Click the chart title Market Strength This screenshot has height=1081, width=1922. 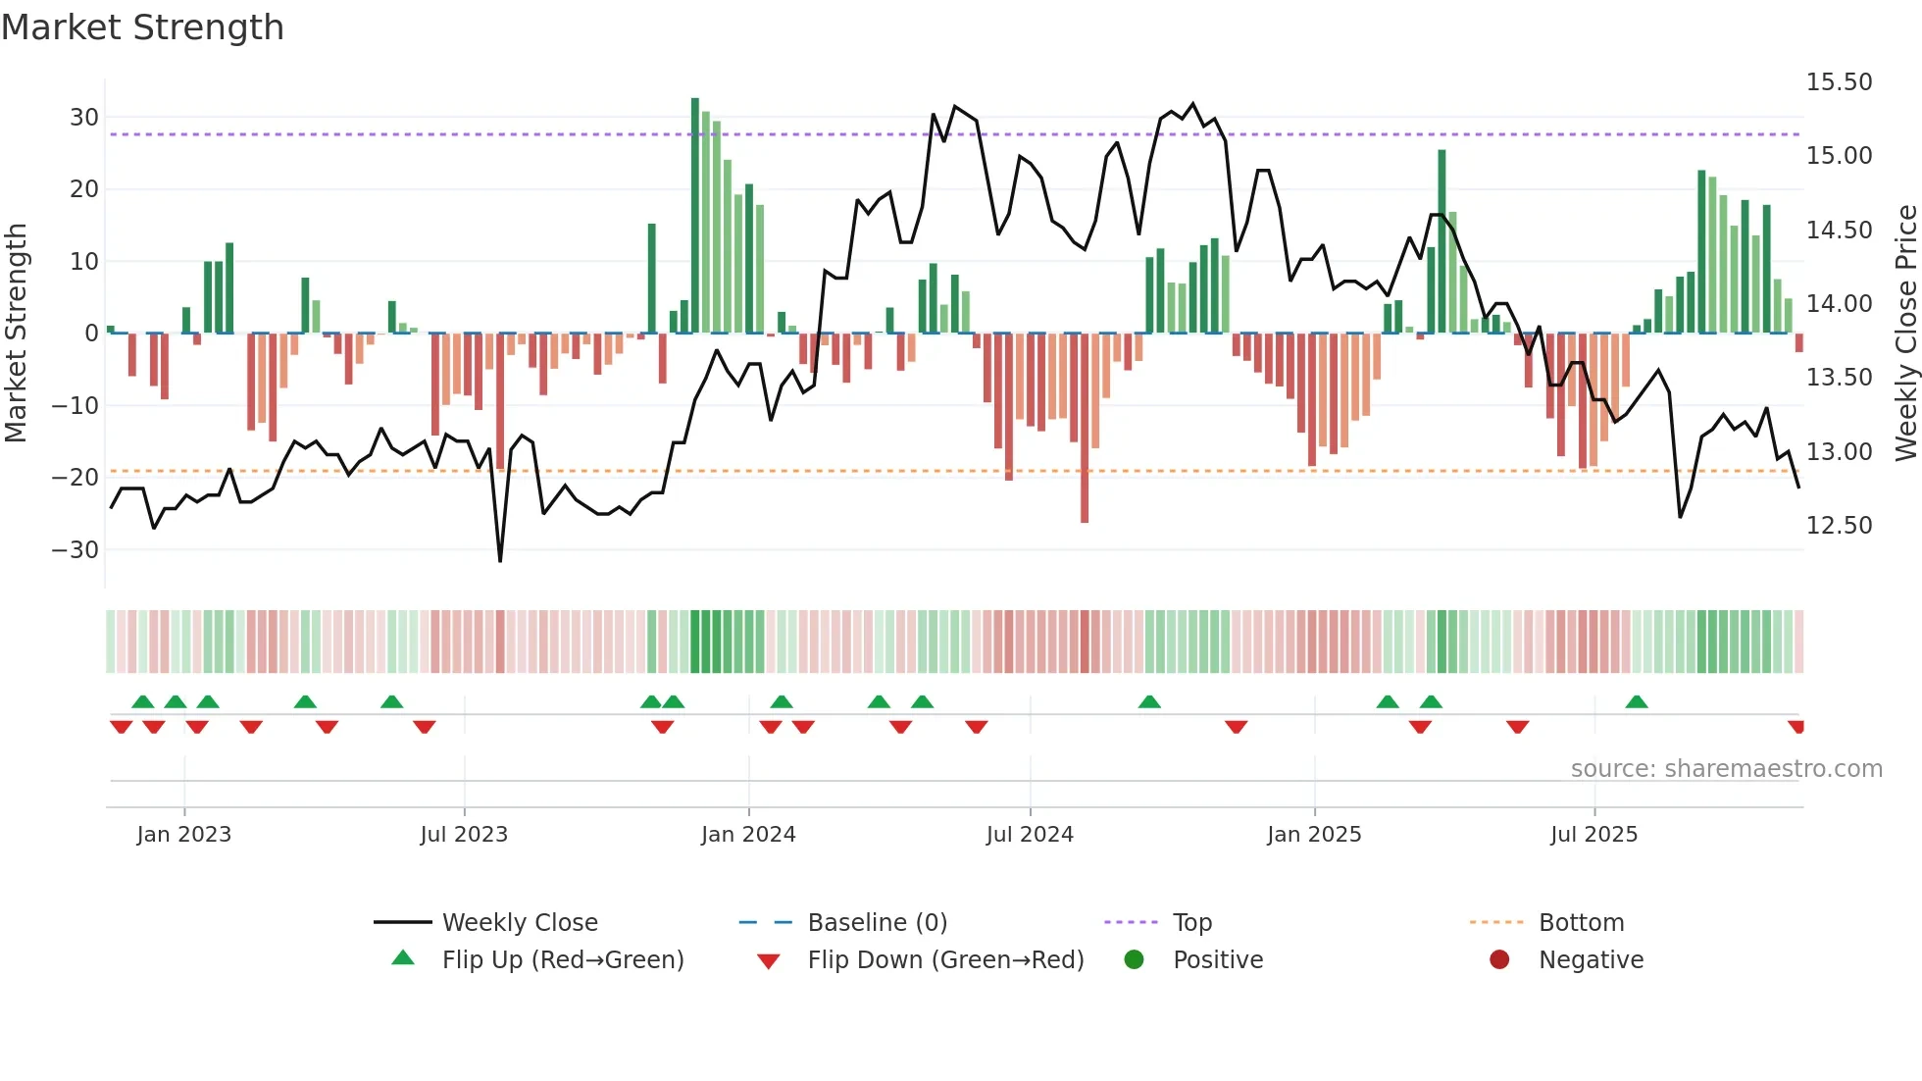142,27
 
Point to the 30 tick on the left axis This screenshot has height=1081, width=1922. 84,118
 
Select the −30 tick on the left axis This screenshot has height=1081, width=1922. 76,550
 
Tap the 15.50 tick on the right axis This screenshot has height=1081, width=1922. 1839,82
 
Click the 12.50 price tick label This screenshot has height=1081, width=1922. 1839,526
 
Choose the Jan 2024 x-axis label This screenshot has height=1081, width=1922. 748,835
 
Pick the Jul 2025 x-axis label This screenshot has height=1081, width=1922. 1593,835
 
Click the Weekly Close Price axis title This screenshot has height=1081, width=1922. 1905,334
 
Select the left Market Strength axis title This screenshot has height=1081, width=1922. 16,334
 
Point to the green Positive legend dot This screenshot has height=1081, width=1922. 1135,960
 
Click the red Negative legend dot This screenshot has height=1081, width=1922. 1499,960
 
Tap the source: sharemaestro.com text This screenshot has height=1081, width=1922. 1726,769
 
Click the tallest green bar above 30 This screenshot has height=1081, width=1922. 695,216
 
